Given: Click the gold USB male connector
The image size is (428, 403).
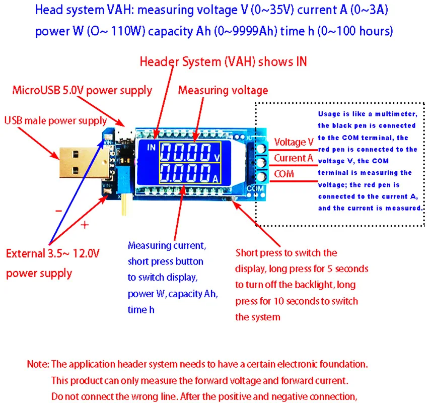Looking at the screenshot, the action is [x=85, y=163].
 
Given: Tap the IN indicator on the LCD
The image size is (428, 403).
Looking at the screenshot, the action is [x=151, y=148].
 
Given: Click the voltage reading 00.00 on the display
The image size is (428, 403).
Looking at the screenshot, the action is [x=186, y=152].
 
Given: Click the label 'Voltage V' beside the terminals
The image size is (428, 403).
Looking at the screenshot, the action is [x=294, y=142].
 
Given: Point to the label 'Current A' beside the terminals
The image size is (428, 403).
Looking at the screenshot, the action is [x=294, y=158].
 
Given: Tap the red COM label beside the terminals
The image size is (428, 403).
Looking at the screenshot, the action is [x=284, y=174].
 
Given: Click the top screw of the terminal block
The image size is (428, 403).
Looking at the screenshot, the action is [x=261, y=149].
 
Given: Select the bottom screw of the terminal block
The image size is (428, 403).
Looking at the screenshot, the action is [x=261, y=177].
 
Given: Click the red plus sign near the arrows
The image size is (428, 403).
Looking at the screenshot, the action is [x=85, y=225].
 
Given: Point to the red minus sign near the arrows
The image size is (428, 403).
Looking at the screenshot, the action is [x=59, y=211].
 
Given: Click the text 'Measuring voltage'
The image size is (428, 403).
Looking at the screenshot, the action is [x=223, y=90].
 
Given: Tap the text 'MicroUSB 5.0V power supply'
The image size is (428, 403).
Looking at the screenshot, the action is [x=82, y=90].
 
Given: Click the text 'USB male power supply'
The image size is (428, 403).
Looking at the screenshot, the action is [x=55, y=121].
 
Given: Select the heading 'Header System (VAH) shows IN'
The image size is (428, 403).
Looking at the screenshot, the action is [x=223, y=61].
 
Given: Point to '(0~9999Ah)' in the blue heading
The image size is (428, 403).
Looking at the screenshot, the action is [x=245, y=31].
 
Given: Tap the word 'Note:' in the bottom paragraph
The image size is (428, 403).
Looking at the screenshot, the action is [x=38, y=364].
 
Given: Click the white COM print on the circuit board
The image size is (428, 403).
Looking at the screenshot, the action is [x=255, y=188].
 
